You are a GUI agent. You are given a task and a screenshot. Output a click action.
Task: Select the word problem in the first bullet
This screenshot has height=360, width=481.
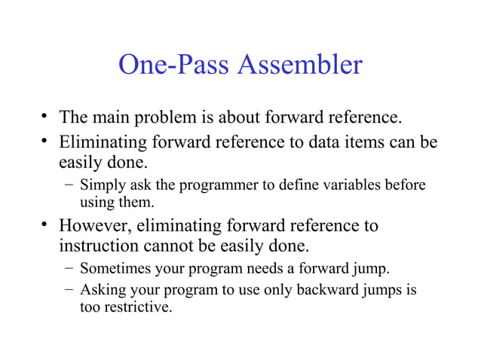[x=164, y=117]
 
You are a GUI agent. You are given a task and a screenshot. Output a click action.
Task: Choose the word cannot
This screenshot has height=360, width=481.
[x=176, y=246]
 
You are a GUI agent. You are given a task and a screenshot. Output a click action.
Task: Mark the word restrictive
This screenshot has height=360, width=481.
[x=139, y=307]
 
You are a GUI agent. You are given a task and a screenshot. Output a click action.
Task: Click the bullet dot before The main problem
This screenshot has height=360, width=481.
[x=46, y=117]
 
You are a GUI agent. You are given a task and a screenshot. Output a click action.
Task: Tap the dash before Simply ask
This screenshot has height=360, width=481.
[x=69, y=185]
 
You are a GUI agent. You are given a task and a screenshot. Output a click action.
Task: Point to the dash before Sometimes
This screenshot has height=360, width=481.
[x=69, y=268]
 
